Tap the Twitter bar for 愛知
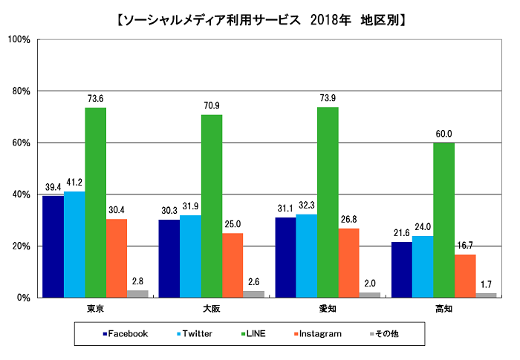(306, 255)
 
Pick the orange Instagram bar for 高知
(464, 275)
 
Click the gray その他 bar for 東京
(137, 293)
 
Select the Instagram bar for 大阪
(233, 265)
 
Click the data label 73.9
(328, 99)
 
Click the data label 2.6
(253, 282)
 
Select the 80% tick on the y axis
(19, 91)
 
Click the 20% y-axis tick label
(19, 246)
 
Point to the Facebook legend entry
(127, 334)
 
